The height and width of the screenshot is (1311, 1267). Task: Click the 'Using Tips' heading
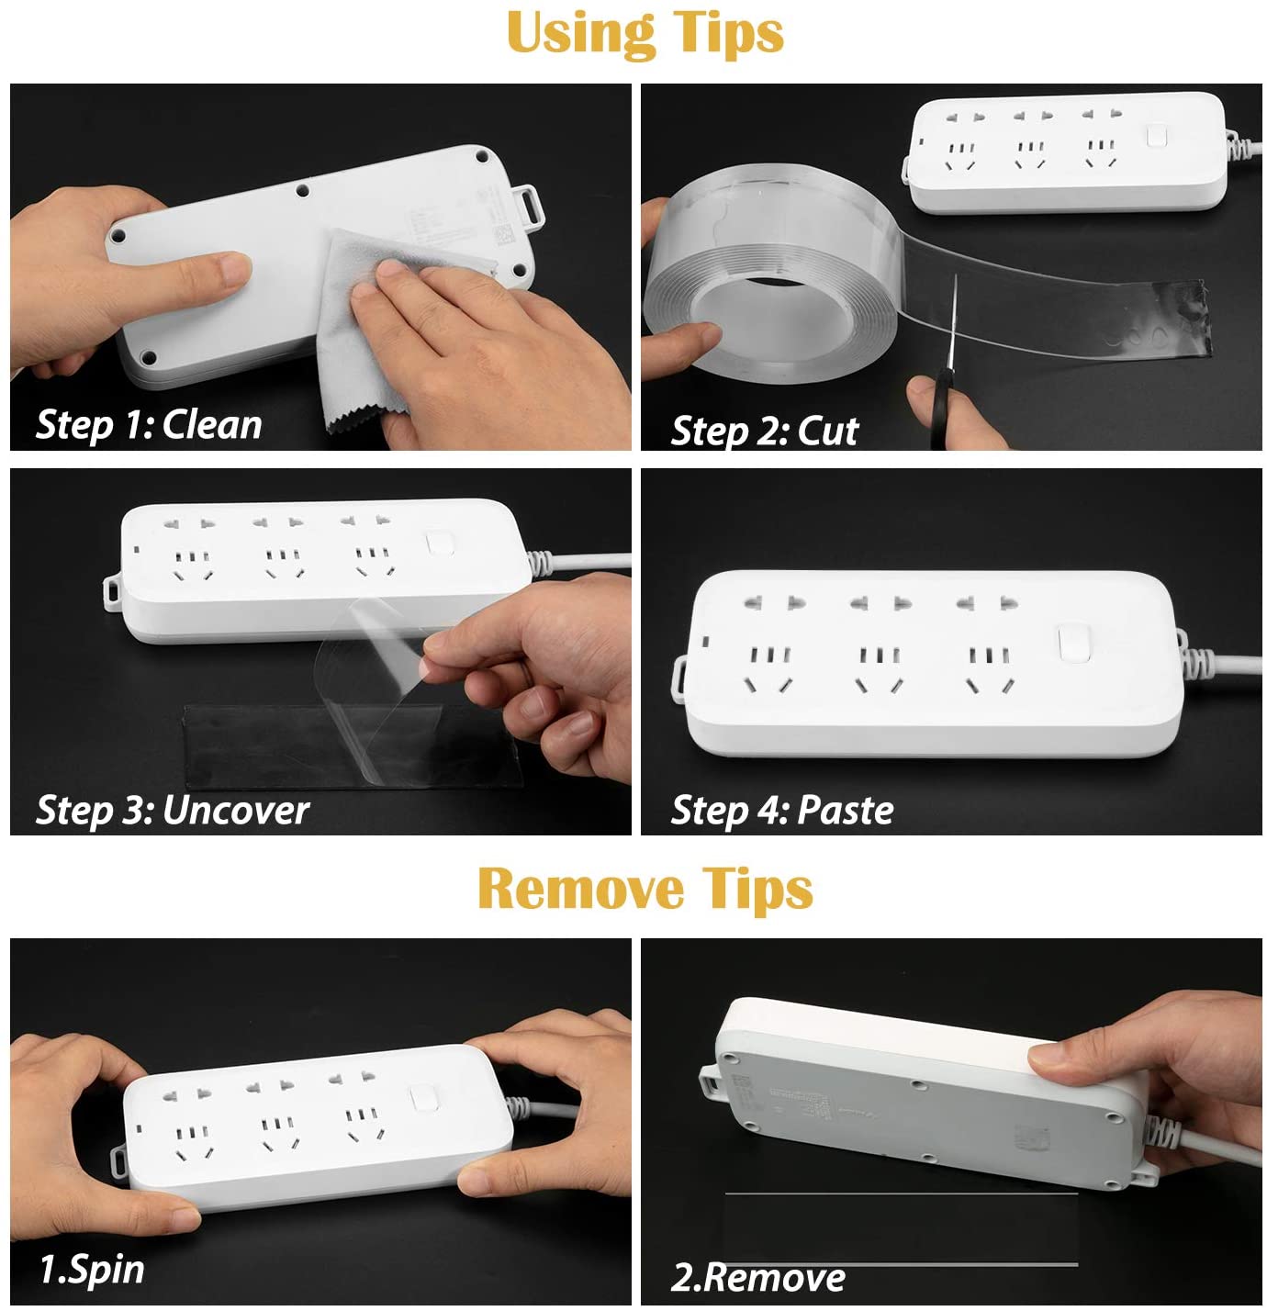[645, 33]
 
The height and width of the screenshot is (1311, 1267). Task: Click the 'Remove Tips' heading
[645, 889]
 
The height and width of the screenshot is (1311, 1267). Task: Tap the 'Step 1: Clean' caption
[149, 425]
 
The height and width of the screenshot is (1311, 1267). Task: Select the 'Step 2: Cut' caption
[764, 431]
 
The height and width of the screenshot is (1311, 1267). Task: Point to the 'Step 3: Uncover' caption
[172, 811]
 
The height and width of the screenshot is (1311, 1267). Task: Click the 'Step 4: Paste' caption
[781, 811]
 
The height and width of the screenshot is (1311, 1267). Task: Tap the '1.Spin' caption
[92, 1270]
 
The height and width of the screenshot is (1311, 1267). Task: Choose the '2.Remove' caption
[757, 1277]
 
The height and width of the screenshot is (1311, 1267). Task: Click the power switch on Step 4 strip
[1072, 643]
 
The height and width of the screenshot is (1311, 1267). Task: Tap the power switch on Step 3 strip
[440, 543]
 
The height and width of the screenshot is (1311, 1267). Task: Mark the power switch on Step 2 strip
[1156, 135]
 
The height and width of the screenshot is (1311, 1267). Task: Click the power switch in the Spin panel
[422, 1099]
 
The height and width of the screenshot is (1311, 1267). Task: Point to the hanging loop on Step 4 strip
[680, 678]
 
